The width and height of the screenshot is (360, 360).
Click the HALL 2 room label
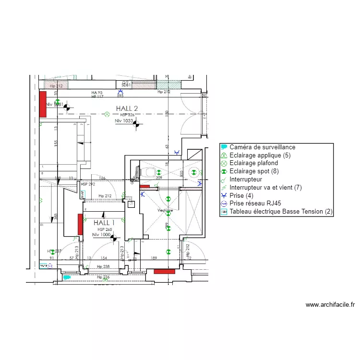pyautogui.click(x=127, y=108)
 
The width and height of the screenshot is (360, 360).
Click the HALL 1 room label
pyautogui.click(x=104, y=223)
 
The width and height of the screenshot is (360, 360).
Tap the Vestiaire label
pyautogui.click(x=165, y=211)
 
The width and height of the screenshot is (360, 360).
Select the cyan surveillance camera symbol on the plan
pyautogui.click(x=67, y=277)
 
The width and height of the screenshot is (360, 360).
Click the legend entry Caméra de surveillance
pyautogui.click(x=262, y=147)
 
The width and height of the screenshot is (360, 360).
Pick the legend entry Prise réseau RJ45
pyautogui.click(x=255, y=204)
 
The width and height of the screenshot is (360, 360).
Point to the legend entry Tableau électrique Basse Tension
pyautogui.click(x=281, y=212)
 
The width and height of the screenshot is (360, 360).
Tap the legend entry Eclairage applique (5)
pyautogui.click(x=260, y=156)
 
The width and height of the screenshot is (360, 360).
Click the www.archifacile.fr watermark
pyautogui.click(x=330, y=304)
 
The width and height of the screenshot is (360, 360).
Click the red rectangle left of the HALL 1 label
pyautogui.click(x=80, y=224)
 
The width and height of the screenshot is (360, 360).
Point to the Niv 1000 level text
pyautogui.click(x=101, y=235)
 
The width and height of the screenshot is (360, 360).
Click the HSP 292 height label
pyautogui.click(x=88, y=184)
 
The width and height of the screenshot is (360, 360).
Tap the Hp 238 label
pyautogui.click(x=103, y=266)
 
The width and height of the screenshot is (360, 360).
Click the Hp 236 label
pyautogui.click(x=103, y=277)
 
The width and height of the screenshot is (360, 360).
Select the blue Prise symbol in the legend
pyautogui.click(x=224, y=196)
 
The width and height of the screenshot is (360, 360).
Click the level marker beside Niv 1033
pyautogui.click(x=137, y=124)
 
